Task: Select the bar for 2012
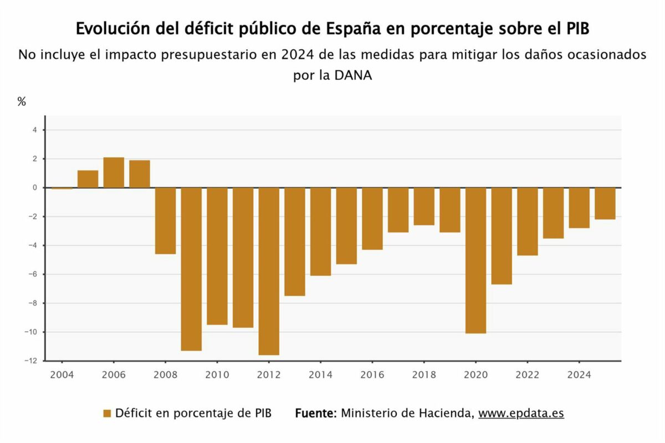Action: [x=269, y=271]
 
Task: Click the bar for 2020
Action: [x=475, y=260]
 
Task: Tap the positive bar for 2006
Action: [x=114, y=173]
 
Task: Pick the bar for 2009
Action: [x=191, y=269]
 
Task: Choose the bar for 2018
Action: [x=424, y=207]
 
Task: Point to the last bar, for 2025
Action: [x=605, y=204]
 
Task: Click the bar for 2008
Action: [x=165, y=221]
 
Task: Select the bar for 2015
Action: [x=346, y=226]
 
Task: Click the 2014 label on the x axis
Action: [x=321, y=375]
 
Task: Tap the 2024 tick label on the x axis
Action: [x=579, y=375]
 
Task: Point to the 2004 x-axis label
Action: [x=62, y=375]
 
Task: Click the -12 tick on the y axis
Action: [x=31, y=361]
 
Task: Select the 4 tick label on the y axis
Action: [x=35, y=130]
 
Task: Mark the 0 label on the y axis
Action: [x=35, y=188]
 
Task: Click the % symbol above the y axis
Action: [x=22, y=101]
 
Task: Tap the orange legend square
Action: [x=107, y=413]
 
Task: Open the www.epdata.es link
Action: [x=521, y=413]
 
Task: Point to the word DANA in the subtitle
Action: [x=353, y=75]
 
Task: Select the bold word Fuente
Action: [x=316, y=413]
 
